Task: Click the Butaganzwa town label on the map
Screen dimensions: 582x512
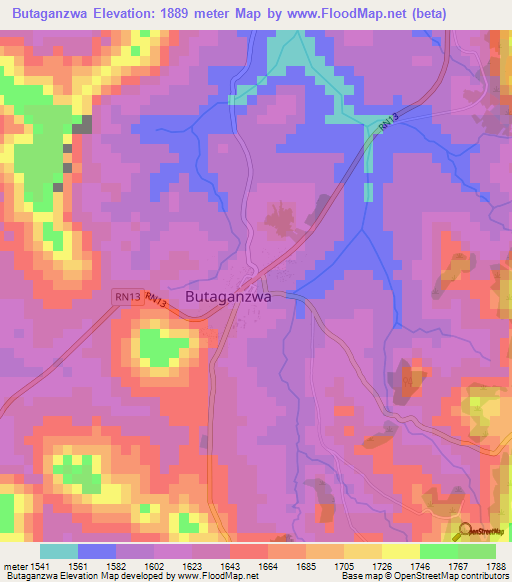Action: click(x=228, y=297)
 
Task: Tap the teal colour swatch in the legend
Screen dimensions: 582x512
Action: click(x=59, y=551)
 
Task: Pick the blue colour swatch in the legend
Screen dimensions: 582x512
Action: click(x=97, y=551)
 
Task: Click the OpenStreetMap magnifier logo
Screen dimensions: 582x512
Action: click(x=465, y=532)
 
